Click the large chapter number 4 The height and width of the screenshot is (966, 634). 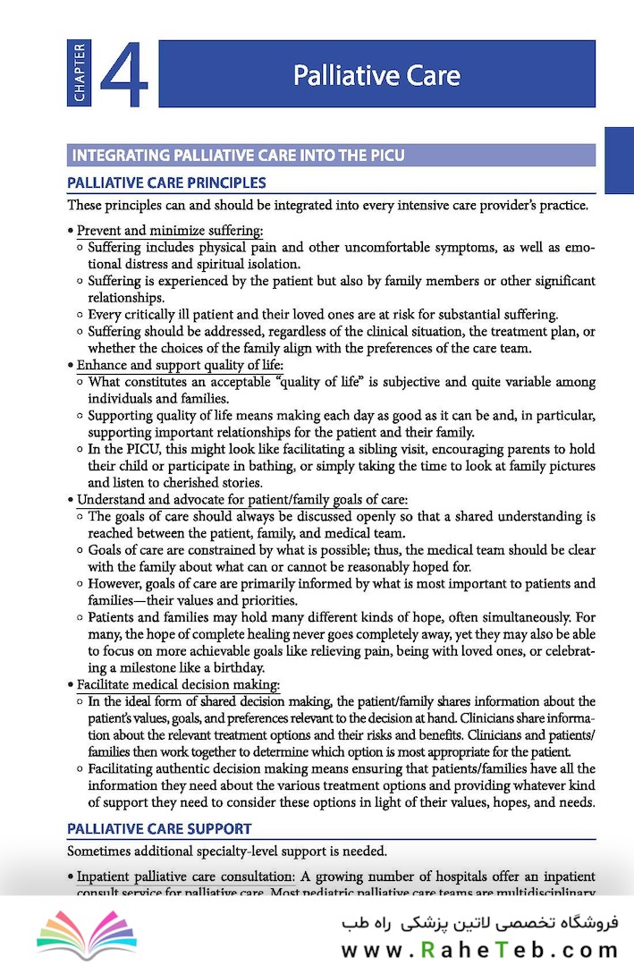point(124,73)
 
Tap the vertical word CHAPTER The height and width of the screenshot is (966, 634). point(79,73)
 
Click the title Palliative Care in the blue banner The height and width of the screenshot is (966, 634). point(376,74)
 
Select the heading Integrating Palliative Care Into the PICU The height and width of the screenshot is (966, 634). point(238,156)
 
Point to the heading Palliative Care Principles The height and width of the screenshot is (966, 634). point(166,182)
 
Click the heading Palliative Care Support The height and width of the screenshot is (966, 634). point(159,828)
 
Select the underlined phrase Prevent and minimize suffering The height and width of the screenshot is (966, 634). point(170,230)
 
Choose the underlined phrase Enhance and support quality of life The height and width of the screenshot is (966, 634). point(180,365)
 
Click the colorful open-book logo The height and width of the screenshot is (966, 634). point(86,933)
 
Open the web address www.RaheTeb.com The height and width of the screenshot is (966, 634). point(479,950)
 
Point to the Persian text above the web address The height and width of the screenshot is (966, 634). point(479,922)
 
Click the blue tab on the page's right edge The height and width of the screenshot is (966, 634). point(619,160)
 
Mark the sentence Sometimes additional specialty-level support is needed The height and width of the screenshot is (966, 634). point(227,850)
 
